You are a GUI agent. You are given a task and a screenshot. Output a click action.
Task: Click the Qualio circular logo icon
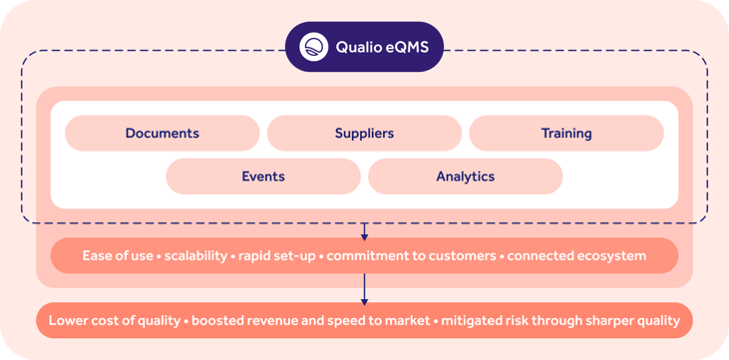point(313,47)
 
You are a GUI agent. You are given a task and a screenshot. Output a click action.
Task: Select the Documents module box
point(163,133)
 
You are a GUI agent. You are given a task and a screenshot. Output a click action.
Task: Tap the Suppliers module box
point(364,133)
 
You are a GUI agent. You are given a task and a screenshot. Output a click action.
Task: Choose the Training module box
point(566,133)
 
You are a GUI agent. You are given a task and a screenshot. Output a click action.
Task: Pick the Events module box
point(263,177)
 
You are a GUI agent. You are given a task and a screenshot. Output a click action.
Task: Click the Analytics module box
point(465,177)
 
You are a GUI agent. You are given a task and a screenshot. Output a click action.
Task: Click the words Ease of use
point(119,256)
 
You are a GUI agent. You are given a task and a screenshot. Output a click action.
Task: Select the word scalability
point(194,256)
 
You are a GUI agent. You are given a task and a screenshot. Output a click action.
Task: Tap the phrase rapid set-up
point(276,256)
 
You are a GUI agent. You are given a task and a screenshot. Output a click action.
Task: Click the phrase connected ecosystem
point(576,256)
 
